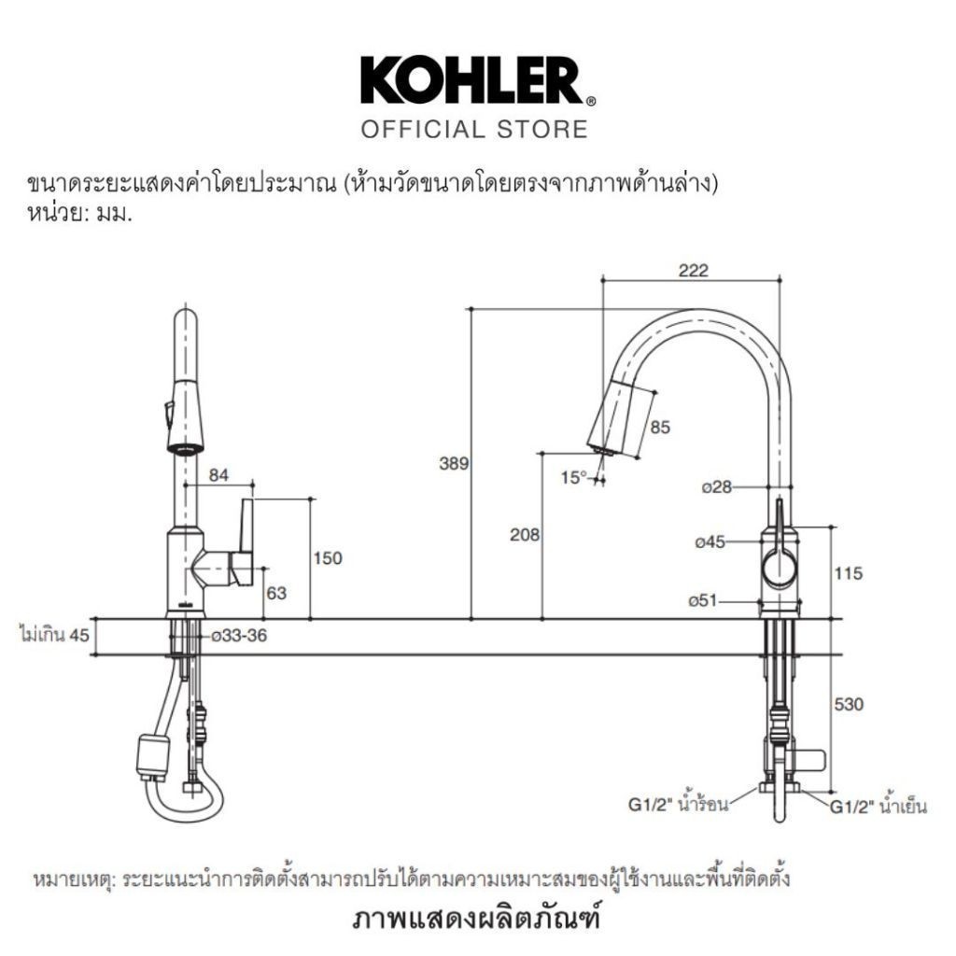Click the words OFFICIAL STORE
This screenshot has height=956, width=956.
point(474,129)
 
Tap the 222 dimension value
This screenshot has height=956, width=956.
point(694,270)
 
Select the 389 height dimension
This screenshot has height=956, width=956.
point(455,463)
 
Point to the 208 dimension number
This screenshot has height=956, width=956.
point(525,534)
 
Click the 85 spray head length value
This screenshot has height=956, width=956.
point(660,428)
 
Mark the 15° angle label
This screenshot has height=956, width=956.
point(573,477)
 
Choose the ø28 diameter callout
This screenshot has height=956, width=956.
point(716,487)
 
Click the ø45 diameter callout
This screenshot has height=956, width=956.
point(710,541)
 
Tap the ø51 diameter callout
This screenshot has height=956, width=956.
point(703,600)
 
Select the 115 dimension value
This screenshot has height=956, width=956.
point(849,573)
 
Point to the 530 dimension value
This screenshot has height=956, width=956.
point(849,704)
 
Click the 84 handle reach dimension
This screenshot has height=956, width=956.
point(218,474)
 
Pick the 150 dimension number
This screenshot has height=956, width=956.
point(328,558)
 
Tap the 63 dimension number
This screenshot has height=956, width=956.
point(276,593)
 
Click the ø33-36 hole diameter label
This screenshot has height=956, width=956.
point(239,635)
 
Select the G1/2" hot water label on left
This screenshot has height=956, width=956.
point(678,805)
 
